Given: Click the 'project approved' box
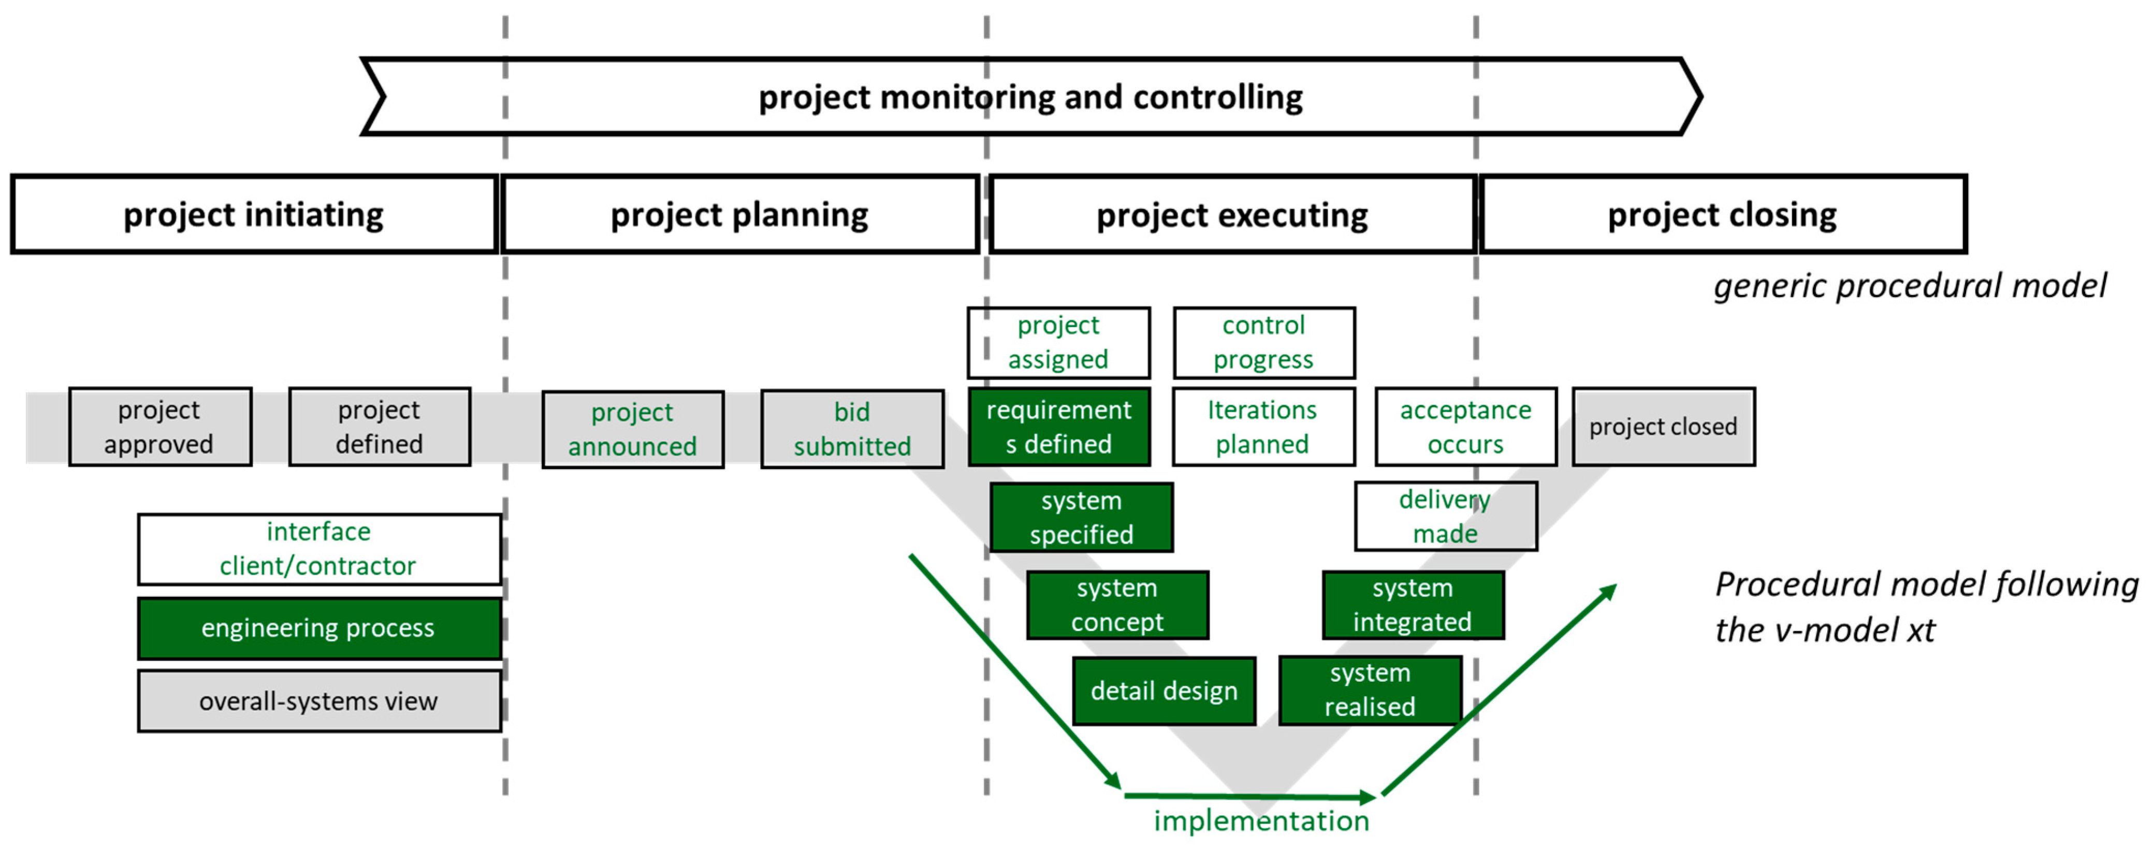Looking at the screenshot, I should click(x=159, y=427).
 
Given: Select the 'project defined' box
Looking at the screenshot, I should click(x=379, y=427).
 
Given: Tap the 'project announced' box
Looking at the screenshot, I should click(x=632, y=429).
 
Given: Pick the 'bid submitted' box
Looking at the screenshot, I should click(x=852, y=429).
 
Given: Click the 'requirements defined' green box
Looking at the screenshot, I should click(x=1058, y=427).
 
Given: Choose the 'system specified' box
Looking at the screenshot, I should click(x=1081, y=518).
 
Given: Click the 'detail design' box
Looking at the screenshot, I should click(x=1164, y=691).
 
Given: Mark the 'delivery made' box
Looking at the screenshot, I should click(x=1445, y=516).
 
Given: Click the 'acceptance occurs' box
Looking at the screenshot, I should click(x=1465, y=427).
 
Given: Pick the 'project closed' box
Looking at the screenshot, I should click(x=1663, y=427).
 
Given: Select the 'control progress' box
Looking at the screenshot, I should click(x=1263, y=342).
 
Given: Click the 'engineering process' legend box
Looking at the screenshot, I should click(x=318, y=628).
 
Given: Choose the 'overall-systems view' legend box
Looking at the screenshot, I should click(x=318, y=701).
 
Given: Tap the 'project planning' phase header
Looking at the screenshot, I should click(x=739, y=215).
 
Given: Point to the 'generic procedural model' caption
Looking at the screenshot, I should click(x=1910, y=286).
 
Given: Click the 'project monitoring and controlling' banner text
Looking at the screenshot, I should click(x=1030, y=97).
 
